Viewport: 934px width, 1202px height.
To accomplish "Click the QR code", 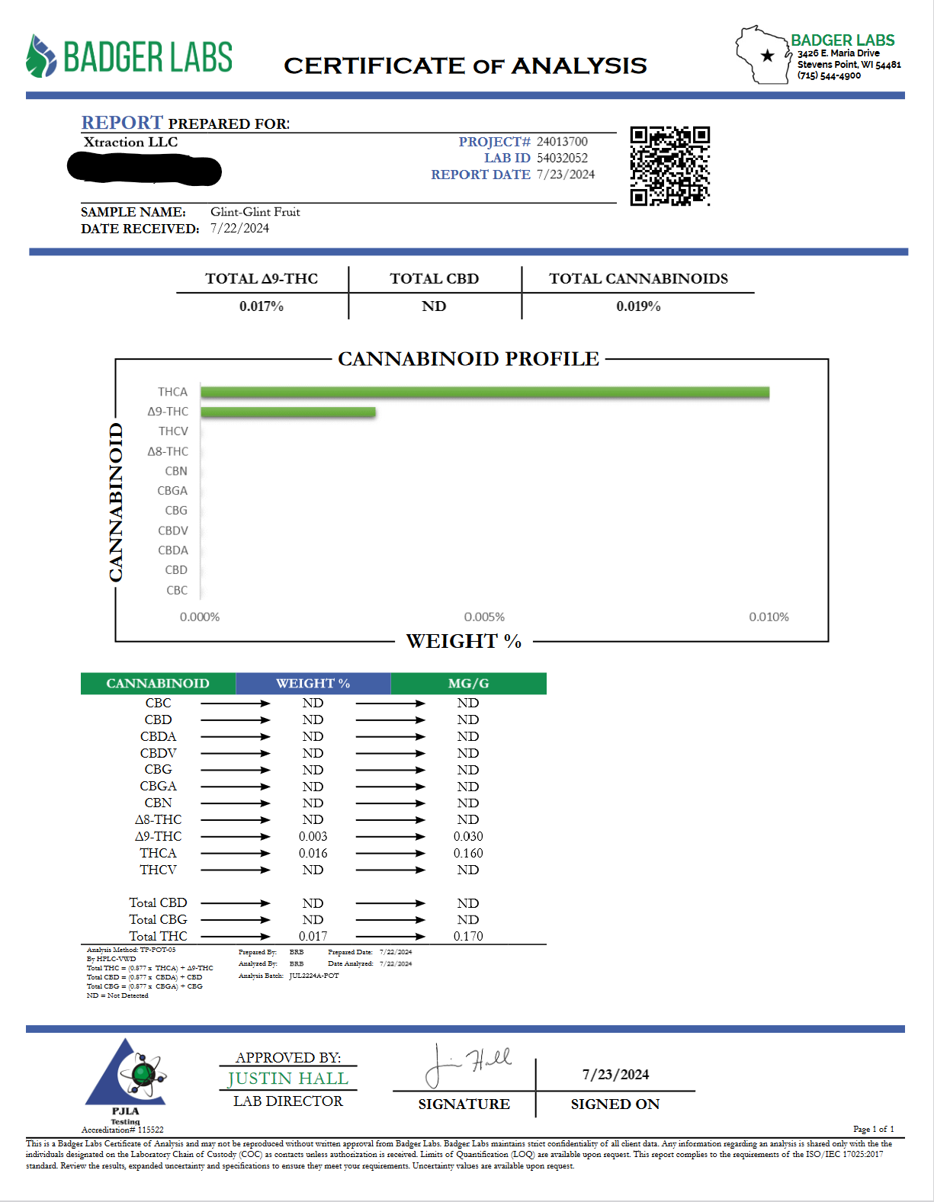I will coord(669,166).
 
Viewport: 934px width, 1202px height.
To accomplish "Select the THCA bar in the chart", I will coord(485,393).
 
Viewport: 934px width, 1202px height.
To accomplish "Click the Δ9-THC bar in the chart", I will coord(288,412).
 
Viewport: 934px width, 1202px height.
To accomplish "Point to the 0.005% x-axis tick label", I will coord(484,617).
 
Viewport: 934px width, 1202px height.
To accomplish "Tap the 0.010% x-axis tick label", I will coord(769,617).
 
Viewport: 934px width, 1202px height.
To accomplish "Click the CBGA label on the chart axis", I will coord(172,491).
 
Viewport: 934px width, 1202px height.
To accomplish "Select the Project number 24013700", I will coord(562,142).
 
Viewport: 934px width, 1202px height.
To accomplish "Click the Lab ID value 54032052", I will coord(562,158).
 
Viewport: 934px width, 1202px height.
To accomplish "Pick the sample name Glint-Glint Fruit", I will coord(255,212).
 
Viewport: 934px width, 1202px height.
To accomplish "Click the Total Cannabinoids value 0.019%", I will coord(638,306).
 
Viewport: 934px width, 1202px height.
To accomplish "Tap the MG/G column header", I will coord(468,684).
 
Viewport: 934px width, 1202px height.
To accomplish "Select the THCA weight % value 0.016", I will coord(313,853).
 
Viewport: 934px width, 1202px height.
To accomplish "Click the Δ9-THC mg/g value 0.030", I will coord(468,836).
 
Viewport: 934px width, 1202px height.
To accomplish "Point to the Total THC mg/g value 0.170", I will coord(468,936).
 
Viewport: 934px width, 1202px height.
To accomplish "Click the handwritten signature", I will coord(467,1064).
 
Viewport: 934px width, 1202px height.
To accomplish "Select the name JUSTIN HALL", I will coord(287,1079).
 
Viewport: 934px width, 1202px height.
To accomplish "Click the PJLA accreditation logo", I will coord(126,1075).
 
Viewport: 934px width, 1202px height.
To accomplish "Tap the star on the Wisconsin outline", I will coord(767,55).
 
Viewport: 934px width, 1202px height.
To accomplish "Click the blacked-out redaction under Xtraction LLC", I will coord(144,168).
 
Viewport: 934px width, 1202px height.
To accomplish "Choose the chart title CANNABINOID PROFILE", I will coord(468,359).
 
